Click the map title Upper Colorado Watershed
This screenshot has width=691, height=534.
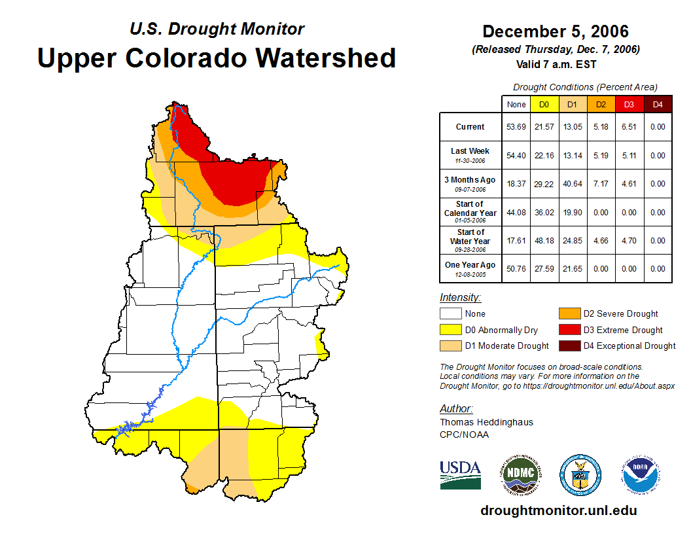tap(217, 58)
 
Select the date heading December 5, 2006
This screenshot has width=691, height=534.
tap(555, 31)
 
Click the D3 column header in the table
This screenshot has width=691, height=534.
tap(629, 103)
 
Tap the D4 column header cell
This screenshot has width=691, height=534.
tap(658, 103)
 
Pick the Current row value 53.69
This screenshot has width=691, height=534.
tap(516, 127)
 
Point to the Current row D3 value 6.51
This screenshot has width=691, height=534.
tap(629, 127)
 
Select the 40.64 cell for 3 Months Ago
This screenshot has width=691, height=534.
tap(573, 184)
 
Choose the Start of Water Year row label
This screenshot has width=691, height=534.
tap(470, 240)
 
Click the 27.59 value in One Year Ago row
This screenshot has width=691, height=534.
tap(544, 268)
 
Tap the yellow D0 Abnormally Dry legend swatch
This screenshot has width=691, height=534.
tap(451, 330)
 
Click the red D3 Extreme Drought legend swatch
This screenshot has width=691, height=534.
tap(569, 330)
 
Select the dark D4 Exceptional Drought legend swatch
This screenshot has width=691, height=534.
tap(569, 346)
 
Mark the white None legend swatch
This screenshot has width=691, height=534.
tap(451, 314)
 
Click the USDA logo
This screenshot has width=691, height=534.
tap(460, 474)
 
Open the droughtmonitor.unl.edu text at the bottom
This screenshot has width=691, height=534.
tap(558, 510)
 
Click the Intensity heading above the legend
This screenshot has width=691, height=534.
tap(460, 298)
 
